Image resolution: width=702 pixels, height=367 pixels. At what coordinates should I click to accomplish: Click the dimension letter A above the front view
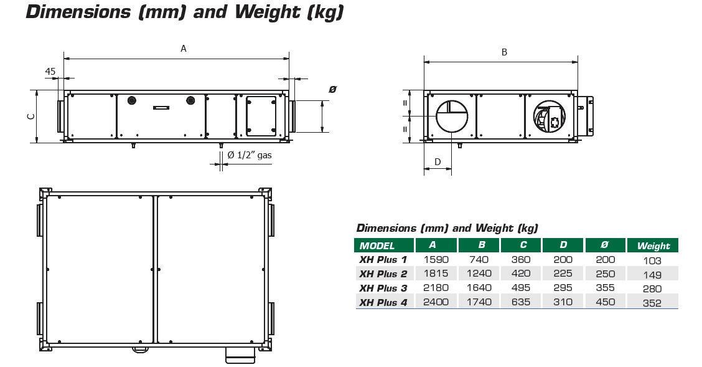pos(183,49)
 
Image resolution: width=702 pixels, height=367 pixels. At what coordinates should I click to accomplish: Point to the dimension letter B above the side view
pos(504,52)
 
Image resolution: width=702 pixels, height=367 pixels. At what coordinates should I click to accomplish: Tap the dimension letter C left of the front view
pos(31,117)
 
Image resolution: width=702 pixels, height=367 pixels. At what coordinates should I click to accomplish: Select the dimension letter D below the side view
pos(438,162)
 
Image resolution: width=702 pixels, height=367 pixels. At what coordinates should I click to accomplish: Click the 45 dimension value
pos(50,71)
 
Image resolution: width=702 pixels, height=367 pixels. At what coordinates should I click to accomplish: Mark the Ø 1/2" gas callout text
pos(250,155)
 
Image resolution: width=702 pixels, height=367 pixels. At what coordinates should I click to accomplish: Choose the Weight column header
pos(653,245)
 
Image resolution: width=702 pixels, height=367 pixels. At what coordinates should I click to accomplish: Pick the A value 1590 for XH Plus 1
pos(436,259)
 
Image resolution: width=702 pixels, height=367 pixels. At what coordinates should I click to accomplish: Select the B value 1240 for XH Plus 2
pos(479,274)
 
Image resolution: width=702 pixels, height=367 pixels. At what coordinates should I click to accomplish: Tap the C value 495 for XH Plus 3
pos(521,288)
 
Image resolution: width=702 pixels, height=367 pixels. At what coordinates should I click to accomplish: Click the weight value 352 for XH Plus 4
pos(652,303)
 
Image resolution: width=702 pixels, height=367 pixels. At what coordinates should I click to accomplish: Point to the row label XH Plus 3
pos(383,288)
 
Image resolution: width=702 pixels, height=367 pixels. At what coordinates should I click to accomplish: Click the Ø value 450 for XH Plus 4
pos(606,302)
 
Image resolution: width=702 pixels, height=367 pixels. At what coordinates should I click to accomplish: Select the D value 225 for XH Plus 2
pos(563,274)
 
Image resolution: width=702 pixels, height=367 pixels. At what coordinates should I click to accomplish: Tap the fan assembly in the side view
pos(550,116)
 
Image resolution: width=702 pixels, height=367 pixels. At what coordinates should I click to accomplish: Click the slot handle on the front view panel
pos(161,108)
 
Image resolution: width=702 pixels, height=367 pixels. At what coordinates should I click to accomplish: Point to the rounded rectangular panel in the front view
pos(261,116)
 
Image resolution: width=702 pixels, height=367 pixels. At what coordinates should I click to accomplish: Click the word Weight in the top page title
pos(267,12)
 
